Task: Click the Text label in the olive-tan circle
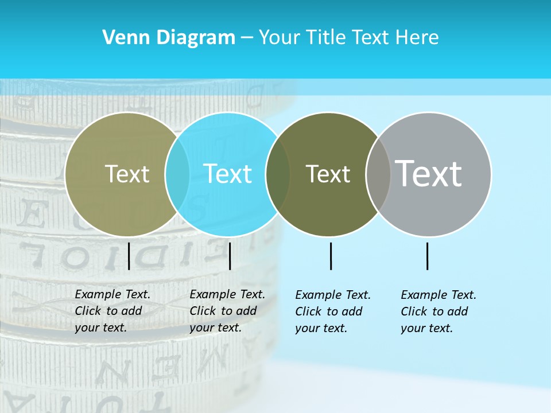point(127,174)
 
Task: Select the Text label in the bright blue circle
point(227,174)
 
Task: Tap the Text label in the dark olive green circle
point(328,174)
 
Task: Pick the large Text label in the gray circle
point(429,174)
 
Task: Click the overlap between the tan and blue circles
point(177,174)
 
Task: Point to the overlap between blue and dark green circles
point(278,174)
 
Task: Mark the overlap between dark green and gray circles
point(378,174)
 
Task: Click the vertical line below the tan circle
point(129,256)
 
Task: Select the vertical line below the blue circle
point(230,256)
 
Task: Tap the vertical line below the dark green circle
point(331,256)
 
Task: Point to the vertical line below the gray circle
point(428,256)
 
